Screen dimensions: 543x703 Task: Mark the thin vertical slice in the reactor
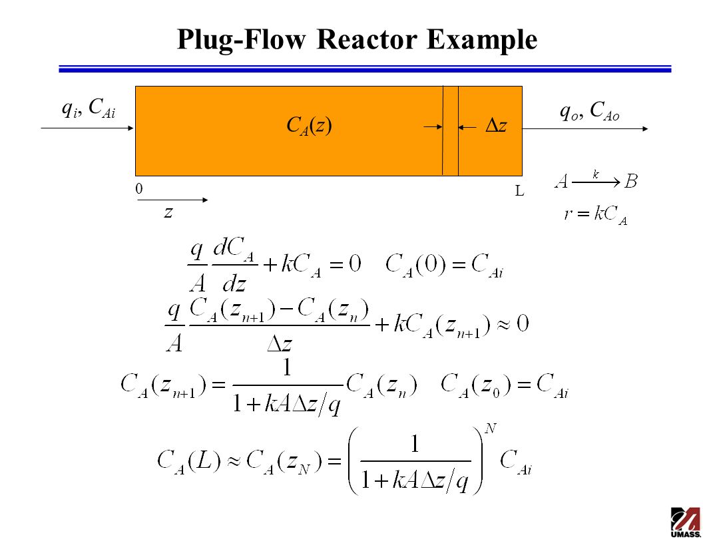[451, 130]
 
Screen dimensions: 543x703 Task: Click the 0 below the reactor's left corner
[138, 189]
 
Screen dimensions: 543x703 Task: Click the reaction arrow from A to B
[596, 180]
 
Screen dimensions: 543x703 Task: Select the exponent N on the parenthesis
[491, 429]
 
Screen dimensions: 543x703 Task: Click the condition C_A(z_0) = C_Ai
[505, 385]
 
